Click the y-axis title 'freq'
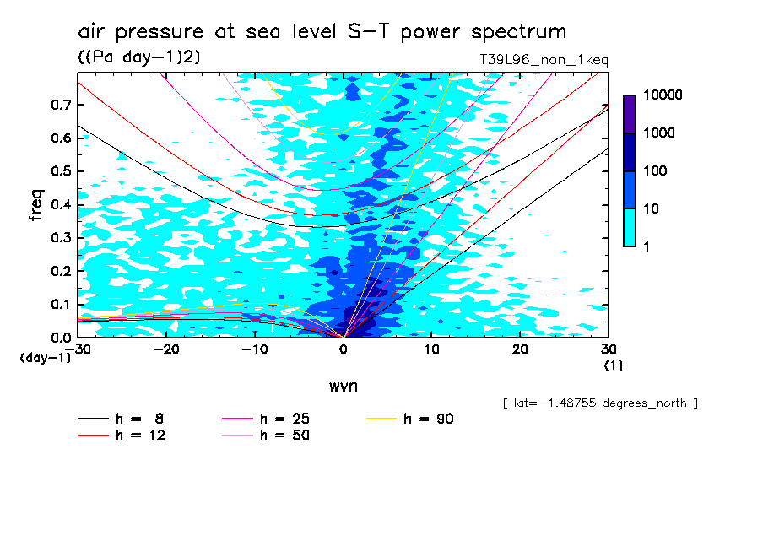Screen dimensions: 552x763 coord(35,206)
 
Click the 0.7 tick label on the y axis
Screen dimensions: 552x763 coord(60,105)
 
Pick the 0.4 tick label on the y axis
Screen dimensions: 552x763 coord(60,204)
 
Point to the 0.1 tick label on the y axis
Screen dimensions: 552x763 coord(60,304)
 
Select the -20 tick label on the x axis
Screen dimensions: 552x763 coord(166,349)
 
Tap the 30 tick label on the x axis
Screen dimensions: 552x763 coord(608,349)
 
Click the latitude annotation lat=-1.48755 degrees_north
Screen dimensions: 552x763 coord(599,403)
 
